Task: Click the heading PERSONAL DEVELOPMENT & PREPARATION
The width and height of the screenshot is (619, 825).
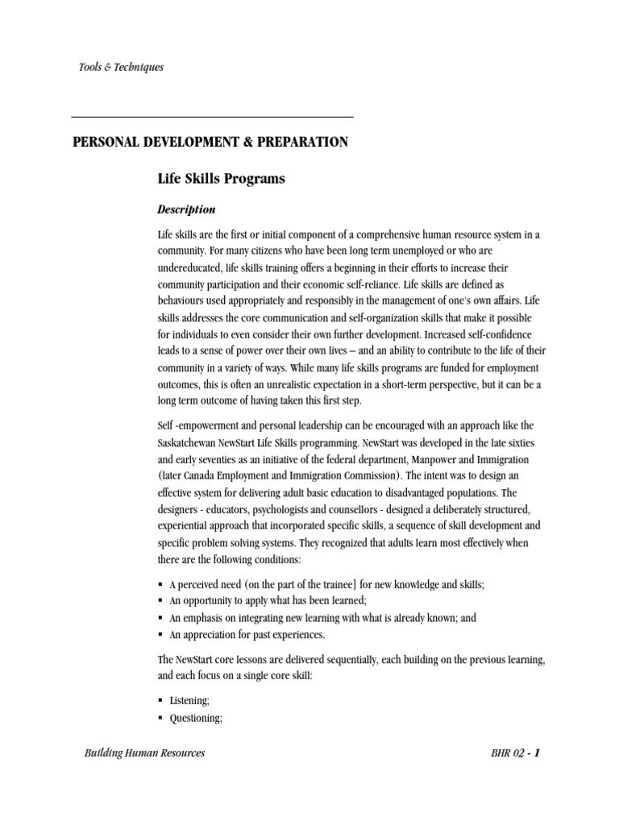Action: pyautogui.click(x=210, y=143)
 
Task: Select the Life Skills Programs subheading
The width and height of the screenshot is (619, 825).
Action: pyautogui.click(x=221, y=179)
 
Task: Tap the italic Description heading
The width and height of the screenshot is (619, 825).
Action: pyautogui.click(x=186, y=209)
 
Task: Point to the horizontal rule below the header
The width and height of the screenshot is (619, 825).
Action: pyautogui.click(x=213, y=118)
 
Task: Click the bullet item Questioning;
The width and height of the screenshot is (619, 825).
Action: pyautogui.click(x=194, y=717)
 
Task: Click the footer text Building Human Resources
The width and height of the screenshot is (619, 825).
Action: pyautogui.click(x=143, y=753)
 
